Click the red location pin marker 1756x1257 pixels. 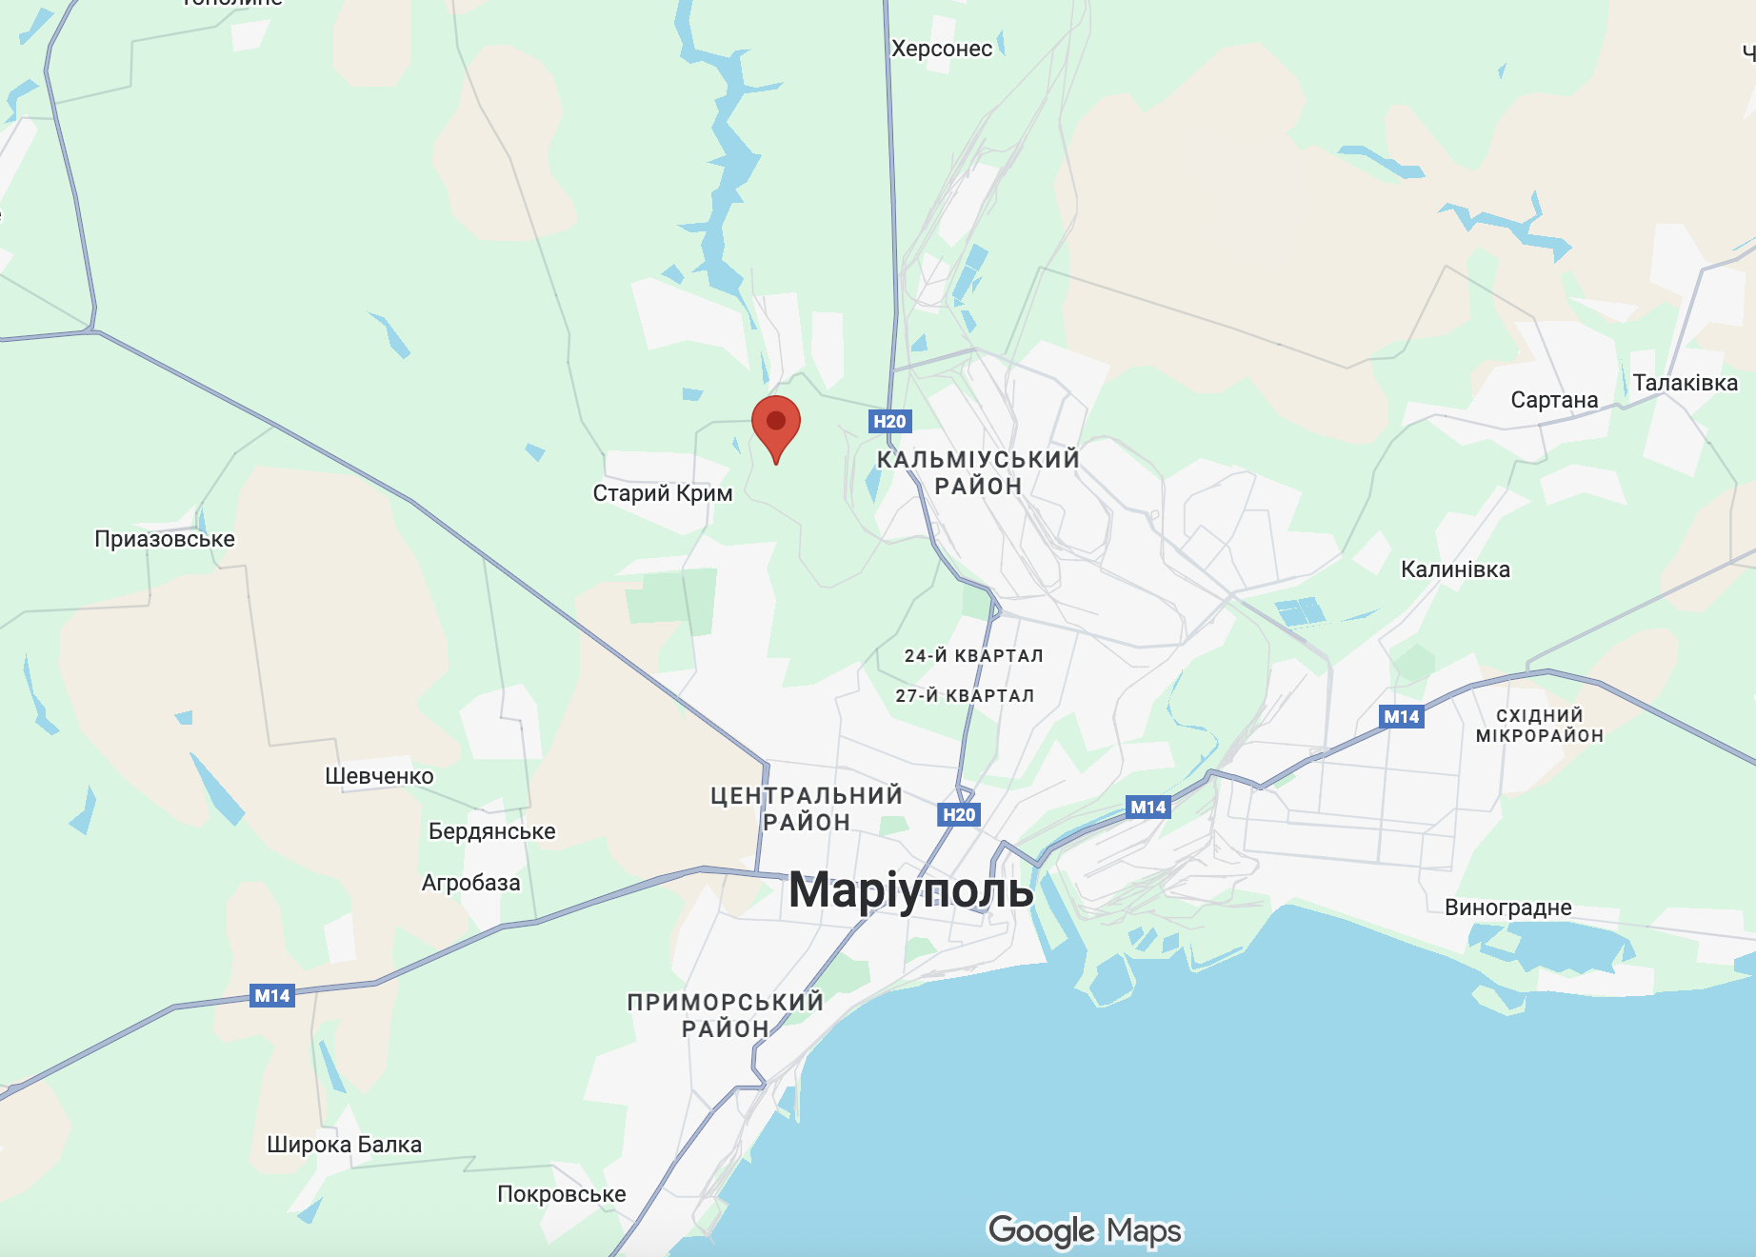pos(776,424)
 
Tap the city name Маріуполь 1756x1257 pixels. pos(910,891)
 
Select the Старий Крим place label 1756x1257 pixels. pos(663,493)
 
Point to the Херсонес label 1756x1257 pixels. pos(941,49)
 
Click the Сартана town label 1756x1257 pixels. pos(1554,400)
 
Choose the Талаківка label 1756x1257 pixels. pos(1685,383)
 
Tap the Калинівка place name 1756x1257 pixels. pos(1455,569)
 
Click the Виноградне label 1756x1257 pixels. pos(1507,908)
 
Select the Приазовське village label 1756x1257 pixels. pos(165,539)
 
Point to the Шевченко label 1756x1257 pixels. pos(379,776)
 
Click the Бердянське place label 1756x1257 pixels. pos(491,831)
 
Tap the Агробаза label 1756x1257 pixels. pos(470,883)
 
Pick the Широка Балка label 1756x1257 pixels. pos(344,1145)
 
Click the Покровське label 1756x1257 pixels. pos(562,1194)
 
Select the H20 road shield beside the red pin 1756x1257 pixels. pos(889,421)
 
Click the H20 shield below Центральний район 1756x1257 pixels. pos(959,814)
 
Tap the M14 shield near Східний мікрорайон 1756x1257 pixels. pos(1401,716)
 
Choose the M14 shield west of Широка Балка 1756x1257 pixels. pos(272,995)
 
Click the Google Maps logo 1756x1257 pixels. pos(1085,1230)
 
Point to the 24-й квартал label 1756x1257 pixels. pos(973,655)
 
